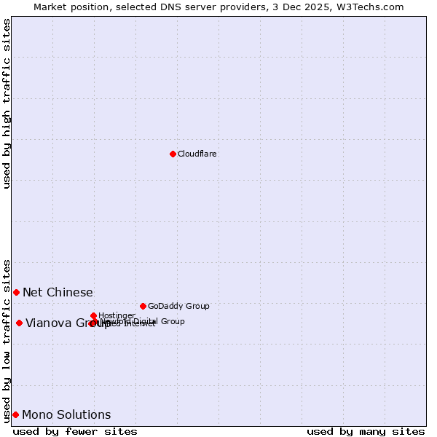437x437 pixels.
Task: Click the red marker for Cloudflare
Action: coord(173,154)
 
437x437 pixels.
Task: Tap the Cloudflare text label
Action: coord(197,154)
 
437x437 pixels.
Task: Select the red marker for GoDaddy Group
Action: coord(143,306)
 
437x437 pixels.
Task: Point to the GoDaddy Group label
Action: coord(178,307)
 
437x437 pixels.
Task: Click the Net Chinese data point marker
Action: coord(16,292)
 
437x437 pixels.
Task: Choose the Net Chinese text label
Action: coord(58,293)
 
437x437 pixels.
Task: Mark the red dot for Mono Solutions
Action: coord(15,414)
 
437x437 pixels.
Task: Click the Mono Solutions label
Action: coord(66,415)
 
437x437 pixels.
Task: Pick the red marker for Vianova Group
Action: coord(19,323)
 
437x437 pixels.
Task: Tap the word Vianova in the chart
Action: coord(49,323)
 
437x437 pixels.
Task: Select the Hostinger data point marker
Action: coord(93,315)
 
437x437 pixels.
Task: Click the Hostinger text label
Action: coord(117,316)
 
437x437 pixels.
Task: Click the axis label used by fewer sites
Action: coord(75,431)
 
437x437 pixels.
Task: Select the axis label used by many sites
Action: coord(366,431)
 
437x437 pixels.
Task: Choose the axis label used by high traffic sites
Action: coord(7,103)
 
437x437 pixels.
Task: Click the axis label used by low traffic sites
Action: coord(7,340)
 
